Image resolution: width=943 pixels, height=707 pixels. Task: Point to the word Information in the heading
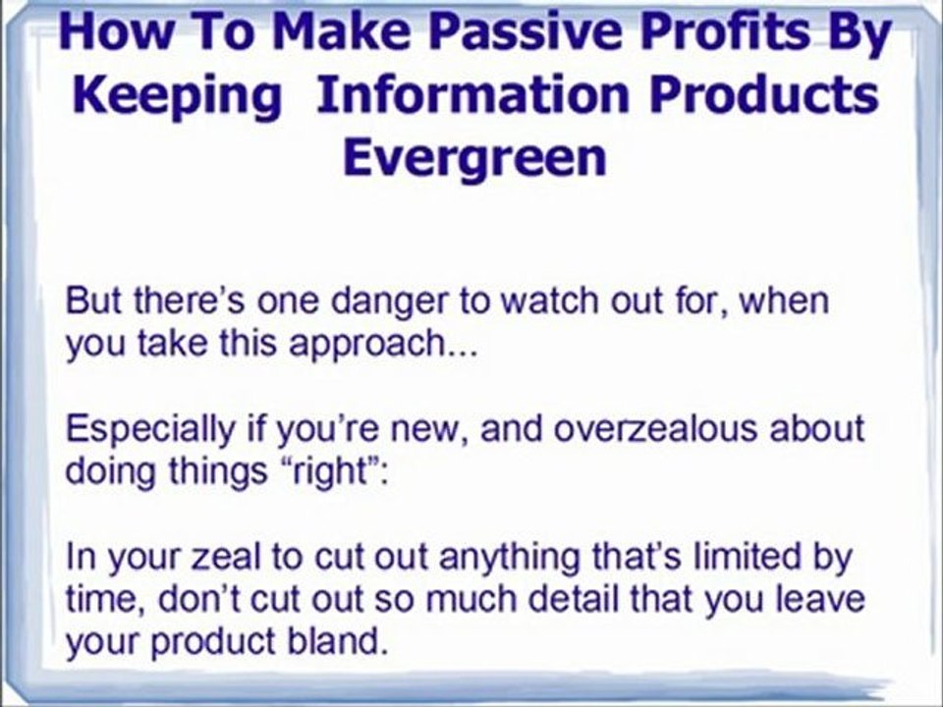(x=472, y=95)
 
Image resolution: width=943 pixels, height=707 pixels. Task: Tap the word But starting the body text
(x=96, y=300)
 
